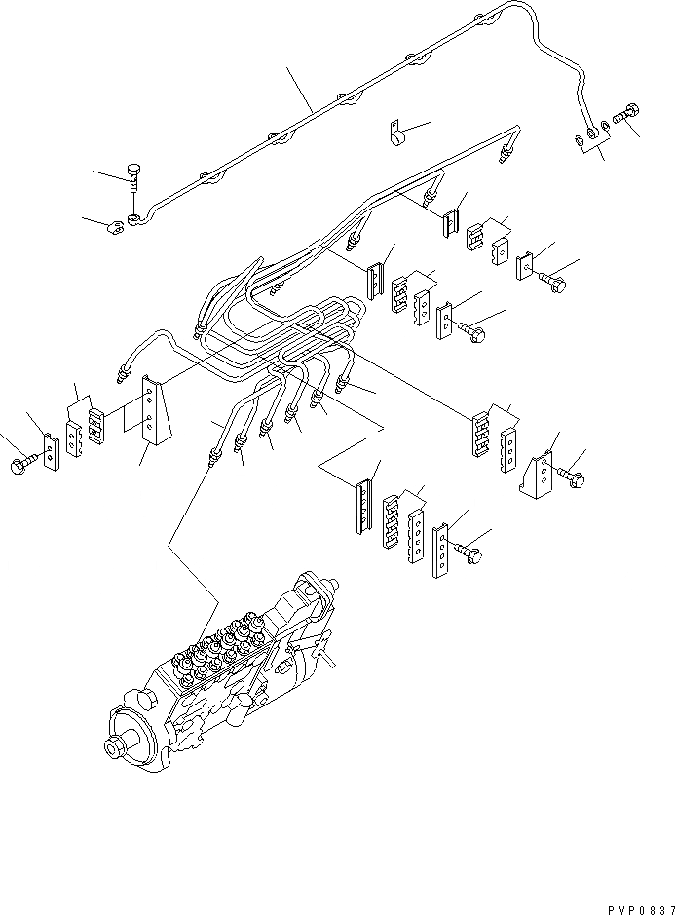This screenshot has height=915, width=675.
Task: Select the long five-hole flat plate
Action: point(441,548)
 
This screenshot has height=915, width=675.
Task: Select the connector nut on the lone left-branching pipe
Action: point(121,371)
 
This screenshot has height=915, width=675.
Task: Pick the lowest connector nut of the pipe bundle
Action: point(212,454)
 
